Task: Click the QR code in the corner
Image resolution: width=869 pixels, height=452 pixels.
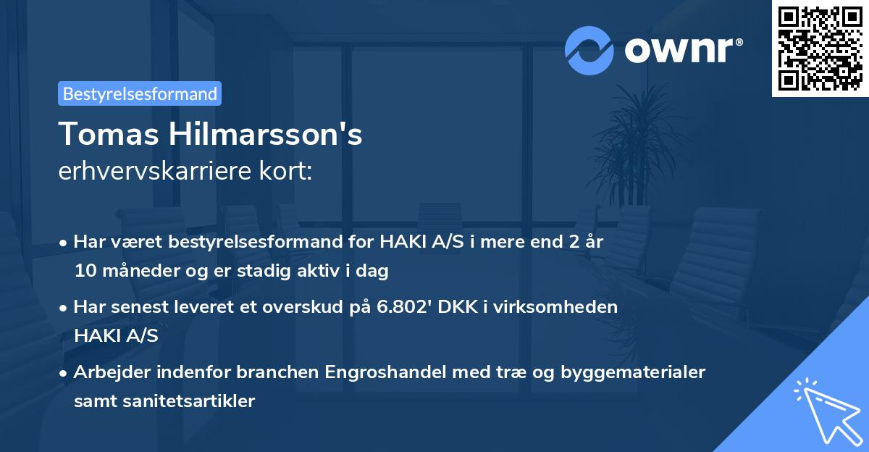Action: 820,49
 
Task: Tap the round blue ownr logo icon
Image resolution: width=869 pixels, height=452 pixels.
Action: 589,50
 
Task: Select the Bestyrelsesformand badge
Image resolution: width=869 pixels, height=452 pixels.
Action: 140,93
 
